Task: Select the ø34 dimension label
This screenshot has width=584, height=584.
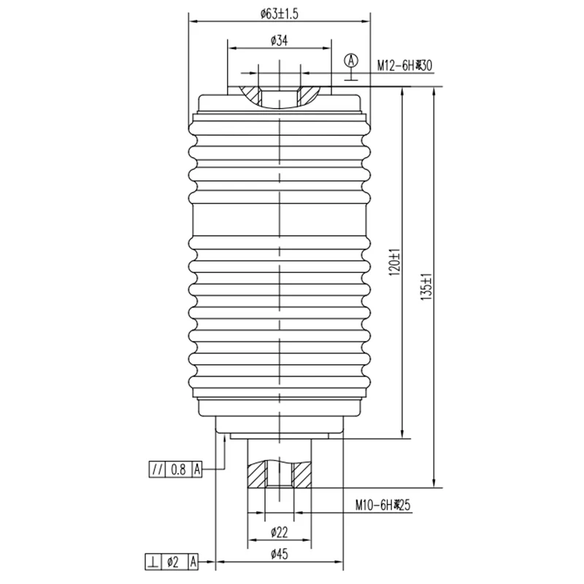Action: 280,41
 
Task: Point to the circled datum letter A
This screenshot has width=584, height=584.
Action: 352,59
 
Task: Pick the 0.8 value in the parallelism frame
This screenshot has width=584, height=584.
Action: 178,469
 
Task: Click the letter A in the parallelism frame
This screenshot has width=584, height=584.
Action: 196,469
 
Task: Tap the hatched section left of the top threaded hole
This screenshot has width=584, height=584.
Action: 251,95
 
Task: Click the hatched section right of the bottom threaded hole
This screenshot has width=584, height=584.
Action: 301,478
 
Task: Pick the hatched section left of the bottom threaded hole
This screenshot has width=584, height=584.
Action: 258,478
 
